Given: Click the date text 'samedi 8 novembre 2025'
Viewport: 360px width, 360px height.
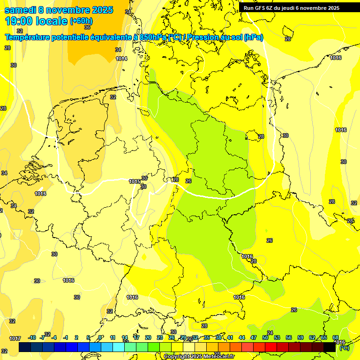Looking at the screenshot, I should [x=59, y=10].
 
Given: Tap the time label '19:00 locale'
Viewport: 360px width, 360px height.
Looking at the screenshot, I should [x=36, y=21].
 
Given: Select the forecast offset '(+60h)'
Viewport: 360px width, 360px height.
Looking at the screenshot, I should [x=81, y=21].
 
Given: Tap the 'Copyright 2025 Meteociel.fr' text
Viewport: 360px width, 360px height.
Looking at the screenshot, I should [x=199, y=356].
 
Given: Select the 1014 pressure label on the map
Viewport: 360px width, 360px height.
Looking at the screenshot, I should [x=121, y=59].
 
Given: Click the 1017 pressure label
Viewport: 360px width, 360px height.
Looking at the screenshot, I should [x=15, y=338].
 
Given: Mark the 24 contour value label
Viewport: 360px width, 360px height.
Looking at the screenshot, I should [x=270, y=333].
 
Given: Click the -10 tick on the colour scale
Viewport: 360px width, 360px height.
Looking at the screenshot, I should [x=32, y=337].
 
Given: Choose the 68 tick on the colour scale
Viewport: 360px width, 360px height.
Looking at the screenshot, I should [x=336, y=337].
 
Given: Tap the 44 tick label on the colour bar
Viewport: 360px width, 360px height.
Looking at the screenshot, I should [x=242, y=337].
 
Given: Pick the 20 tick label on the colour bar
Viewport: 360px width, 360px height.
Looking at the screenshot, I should [x=148, y=337].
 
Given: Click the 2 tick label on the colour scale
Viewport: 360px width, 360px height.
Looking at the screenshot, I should [x=76, y=337].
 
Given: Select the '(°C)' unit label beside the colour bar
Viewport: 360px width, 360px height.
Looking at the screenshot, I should [x=344, y=348].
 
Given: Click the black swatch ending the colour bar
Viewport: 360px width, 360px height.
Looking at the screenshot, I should [x=330, y=347].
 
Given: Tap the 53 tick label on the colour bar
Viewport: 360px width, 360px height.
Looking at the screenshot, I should [x=277, y=337].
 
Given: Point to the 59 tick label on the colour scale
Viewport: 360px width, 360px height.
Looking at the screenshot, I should [x=300, y=337].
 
